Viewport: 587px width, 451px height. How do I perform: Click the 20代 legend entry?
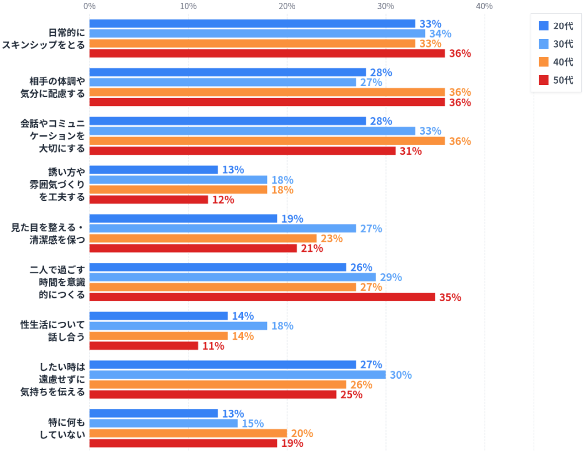[556, 26]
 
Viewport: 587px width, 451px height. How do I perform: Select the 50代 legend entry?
[556, 80]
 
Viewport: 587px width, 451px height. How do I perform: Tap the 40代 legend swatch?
[543, 62]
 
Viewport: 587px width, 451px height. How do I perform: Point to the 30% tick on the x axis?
[385, 6]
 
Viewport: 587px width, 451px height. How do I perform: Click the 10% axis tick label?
[188, 6]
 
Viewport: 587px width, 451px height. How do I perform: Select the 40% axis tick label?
[484, 6]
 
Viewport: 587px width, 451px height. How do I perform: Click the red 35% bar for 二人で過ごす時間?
[262, 297]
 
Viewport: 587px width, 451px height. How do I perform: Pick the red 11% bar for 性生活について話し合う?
[144, 346]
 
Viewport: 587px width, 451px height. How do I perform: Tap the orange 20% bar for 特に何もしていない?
[188, 433]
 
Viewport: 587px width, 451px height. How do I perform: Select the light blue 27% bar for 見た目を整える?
[223, 228]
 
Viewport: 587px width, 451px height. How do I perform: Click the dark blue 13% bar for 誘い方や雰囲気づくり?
[153, 170]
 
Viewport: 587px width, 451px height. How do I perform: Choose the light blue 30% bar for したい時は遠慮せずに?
[237, 375]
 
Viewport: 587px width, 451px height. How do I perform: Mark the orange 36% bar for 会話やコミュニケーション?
[267, 141]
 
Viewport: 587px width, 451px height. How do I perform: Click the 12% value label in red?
[223, 200]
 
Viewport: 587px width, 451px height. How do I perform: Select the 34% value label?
[440, 34]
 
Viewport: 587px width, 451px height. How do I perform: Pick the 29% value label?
[391, 277]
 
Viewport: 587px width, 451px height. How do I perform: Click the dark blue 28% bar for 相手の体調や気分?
[227, 72]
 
